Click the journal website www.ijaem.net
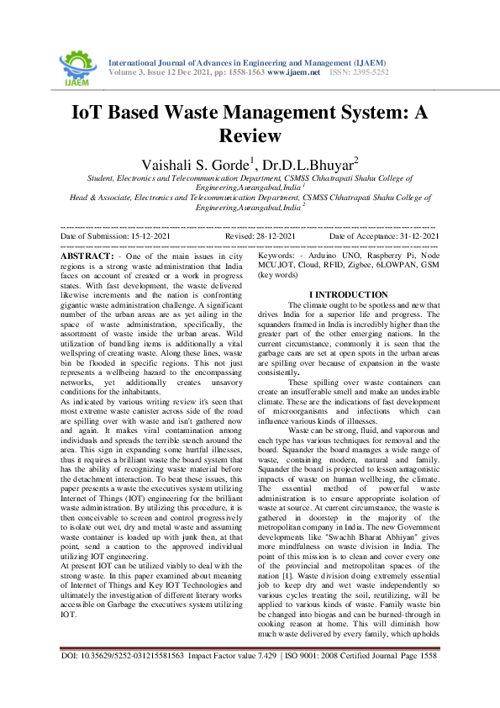click(294, 73)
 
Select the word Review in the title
click(250, 135)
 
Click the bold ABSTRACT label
click(88, 255)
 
